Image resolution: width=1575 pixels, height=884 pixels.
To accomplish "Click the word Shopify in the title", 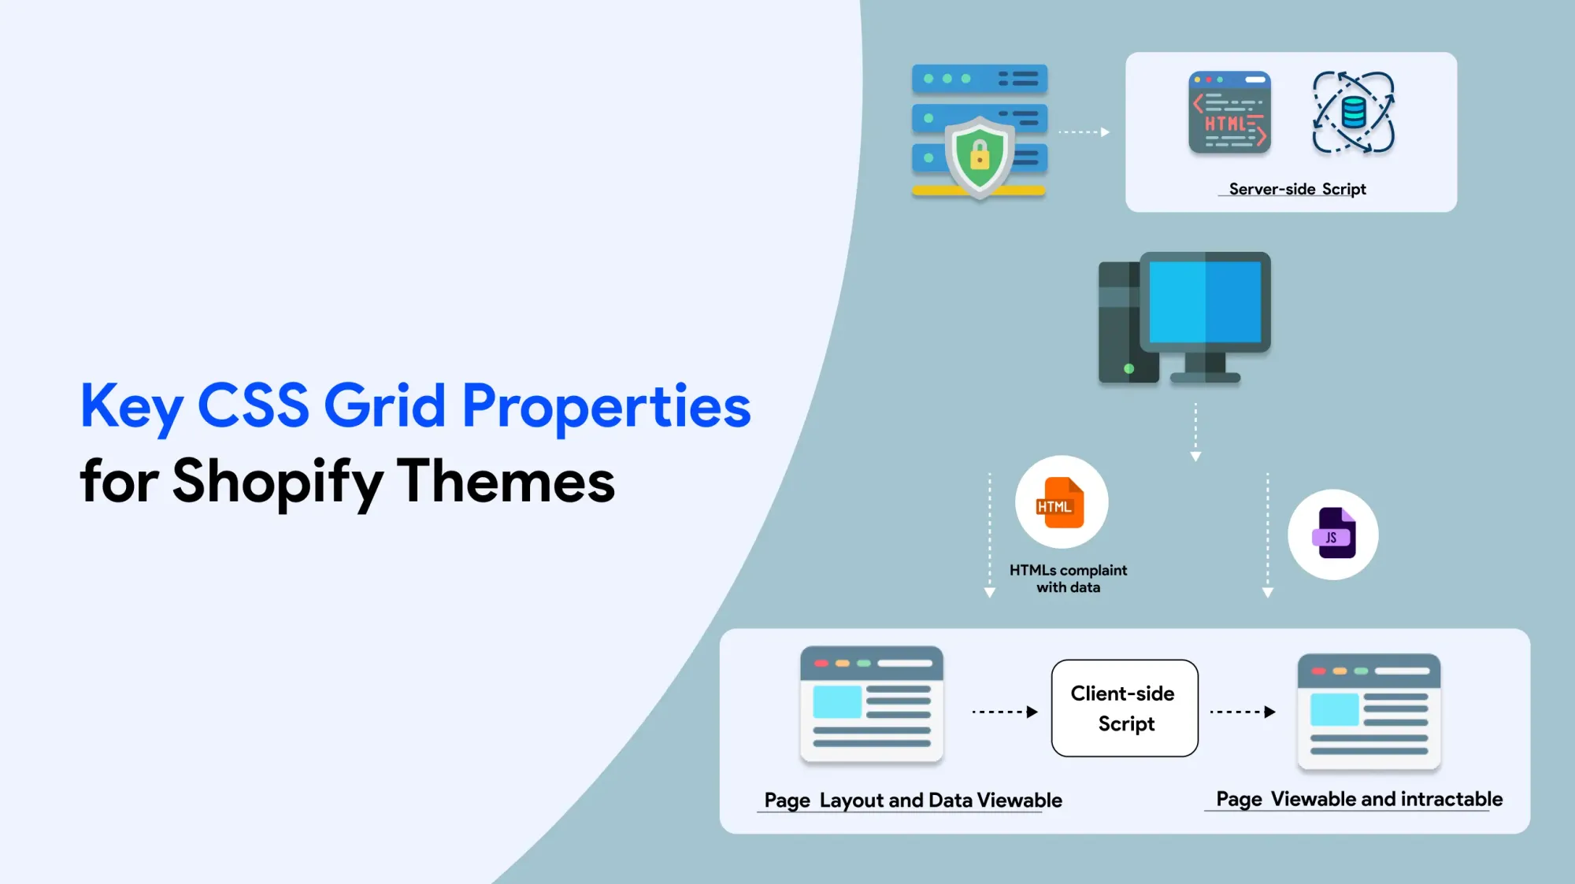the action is tap(278, 482).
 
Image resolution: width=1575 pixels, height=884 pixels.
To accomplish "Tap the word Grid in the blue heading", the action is tap(385, 406).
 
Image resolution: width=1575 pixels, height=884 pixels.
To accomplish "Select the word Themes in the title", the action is tap(506, 480).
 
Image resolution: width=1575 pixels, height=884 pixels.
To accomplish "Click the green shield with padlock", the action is tap(980, 155).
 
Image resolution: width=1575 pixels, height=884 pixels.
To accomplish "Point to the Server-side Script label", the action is tap(1297, 189).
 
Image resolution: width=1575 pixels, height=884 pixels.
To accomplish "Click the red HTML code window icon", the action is tap(1229, 113).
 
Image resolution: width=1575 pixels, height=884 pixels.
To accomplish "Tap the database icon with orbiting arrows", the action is tap(1354, 113).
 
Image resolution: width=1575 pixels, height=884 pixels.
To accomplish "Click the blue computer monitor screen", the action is tap(1205, 302).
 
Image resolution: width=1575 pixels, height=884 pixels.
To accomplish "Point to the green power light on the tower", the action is tap(1128, 368).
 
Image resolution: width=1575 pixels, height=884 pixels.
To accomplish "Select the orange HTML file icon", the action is tap(1060, 502).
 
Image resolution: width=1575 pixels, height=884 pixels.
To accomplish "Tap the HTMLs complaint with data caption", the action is tap(1068, 579).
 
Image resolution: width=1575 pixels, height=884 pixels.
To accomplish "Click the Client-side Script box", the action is tap(1125, 708).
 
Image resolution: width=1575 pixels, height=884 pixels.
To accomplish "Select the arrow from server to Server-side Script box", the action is tap(1084, 132).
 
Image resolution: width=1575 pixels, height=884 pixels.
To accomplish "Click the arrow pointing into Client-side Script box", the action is tap(1005, 712).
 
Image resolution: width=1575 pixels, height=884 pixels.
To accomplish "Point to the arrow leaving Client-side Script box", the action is tap(1243, 712).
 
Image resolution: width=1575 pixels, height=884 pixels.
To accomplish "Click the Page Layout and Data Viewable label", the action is tap(913, 801).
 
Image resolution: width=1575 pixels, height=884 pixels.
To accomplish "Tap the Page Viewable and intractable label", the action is tap(1359, 799).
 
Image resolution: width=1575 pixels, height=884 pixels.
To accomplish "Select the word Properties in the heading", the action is tap(606, 406).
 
